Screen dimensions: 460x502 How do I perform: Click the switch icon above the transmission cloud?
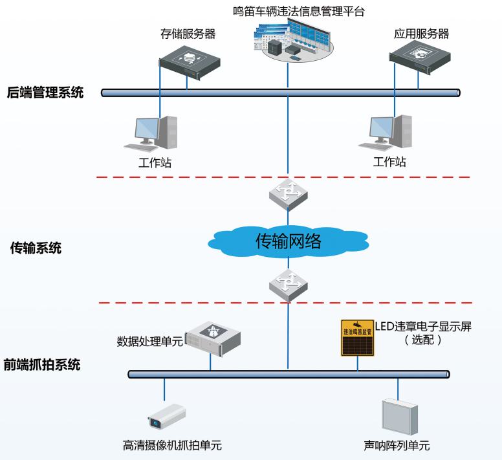[288, 193]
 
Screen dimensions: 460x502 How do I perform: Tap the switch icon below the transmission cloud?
[288, 285]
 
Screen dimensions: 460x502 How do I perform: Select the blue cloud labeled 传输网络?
[289, 242]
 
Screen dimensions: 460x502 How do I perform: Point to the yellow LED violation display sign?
[357, 337]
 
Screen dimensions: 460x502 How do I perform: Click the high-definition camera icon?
[166, 416]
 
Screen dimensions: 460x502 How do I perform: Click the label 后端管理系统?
[45, 93]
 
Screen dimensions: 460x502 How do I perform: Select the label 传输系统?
[36, 247]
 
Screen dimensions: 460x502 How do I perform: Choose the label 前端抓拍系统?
[42, 364]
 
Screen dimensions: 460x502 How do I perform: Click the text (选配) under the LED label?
[423, 340]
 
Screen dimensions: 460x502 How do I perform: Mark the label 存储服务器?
[188, 33]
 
